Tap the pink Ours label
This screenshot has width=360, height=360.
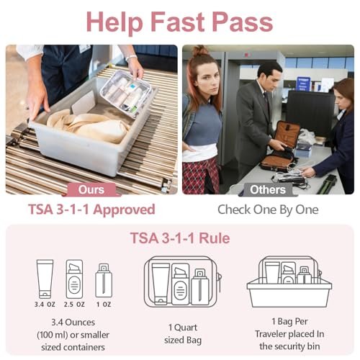(x=91, y=189)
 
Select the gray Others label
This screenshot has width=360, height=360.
(x=268, y=189)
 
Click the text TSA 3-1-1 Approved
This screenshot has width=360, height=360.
(x=91, y=210)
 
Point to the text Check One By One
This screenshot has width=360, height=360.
(x=268, y=210)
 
